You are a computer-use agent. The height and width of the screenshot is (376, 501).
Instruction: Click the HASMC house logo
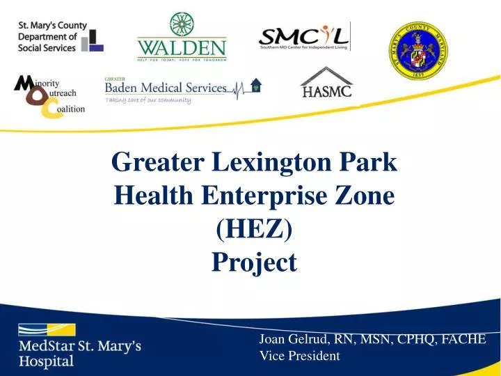[x=326, y=82]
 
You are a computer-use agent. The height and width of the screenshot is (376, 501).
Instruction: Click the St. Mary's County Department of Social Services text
[x=52, y=37]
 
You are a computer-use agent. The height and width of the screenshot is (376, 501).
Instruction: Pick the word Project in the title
[x=254, y=262]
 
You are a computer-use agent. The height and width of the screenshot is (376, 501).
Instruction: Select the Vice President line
[x=299, y=356]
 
